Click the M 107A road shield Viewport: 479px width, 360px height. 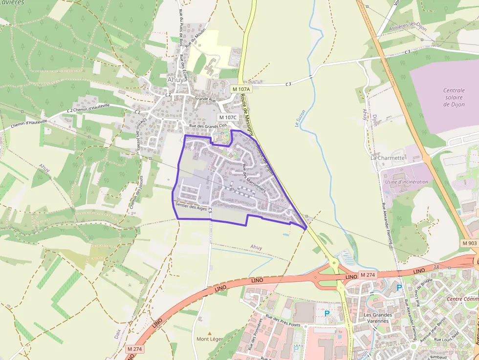point(241,89)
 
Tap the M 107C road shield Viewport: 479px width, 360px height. point(227,117)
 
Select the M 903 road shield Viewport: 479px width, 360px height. point(469,243)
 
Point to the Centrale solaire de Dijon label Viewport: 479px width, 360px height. point(454,97)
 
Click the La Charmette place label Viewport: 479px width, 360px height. point(388,158)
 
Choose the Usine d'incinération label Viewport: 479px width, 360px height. point(407,182)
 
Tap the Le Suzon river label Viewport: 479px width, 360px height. point(300,118)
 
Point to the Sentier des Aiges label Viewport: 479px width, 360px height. point(191,207)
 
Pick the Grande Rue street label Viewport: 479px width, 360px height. point(205,99)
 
